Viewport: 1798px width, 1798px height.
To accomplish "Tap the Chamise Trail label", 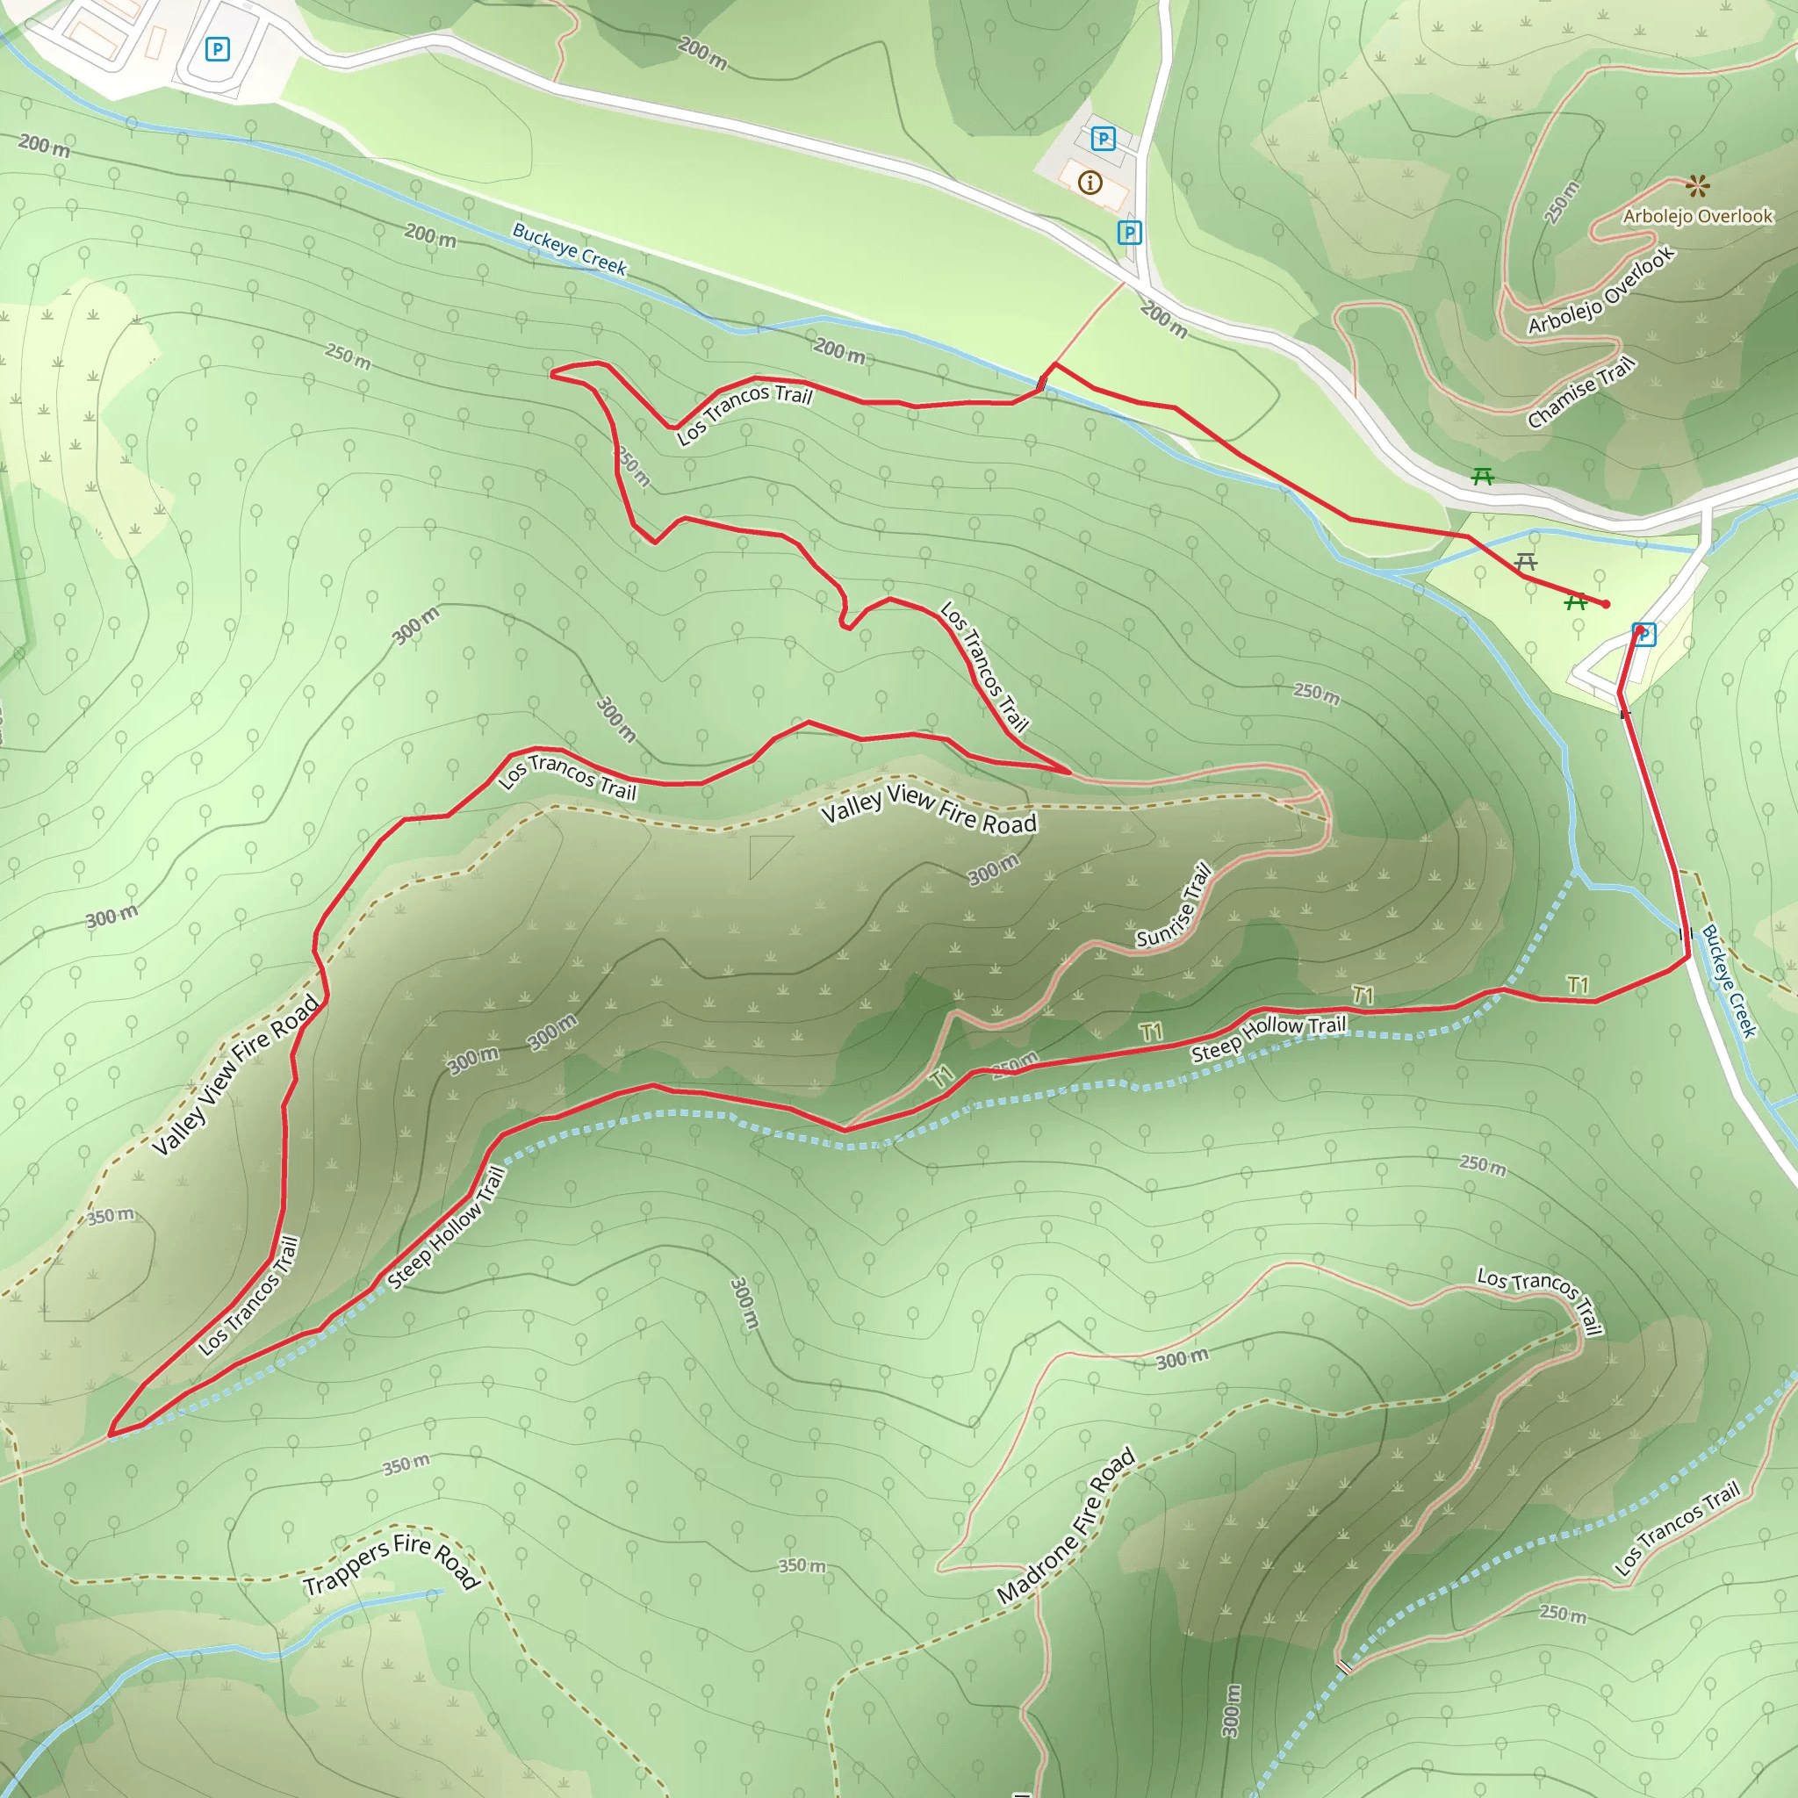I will [x=1580, y=392].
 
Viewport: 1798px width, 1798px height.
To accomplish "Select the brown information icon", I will [x=1090, y=183].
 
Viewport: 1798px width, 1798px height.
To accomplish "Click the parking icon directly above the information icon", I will [x=1103, y=140].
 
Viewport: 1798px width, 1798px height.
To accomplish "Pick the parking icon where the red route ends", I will [x=1643, y=635].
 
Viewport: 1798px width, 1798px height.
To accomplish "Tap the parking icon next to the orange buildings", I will [x=217, y=49].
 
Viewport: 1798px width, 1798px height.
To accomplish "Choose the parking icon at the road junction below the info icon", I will [x=1129, y=233].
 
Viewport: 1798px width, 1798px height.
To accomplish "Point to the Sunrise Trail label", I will [x=1175, y=905].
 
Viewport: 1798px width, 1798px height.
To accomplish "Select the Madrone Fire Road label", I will [x=1066, y=1526].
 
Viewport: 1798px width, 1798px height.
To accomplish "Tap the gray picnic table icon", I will [x=1525, y=562].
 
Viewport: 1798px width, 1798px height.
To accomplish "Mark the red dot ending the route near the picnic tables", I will [x=1606, y=604].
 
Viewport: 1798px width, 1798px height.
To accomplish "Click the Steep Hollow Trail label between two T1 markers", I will [x=1269, y=1038].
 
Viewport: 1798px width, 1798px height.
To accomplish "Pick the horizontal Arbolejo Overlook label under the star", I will [x=1698, y=217].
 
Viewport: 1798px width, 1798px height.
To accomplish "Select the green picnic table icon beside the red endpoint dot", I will [x=1575, y=602].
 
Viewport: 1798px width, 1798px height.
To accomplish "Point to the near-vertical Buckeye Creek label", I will [x=1730, y=981].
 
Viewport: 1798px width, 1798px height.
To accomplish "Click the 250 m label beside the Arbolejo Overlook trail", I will [x=1562, y=202].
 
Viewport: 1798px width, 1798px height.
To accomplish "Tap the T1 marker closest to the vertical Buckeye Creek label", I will [x=1578, y=985].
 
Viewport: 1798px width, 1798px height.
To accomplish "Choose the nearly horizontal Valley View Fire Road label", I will [x=928, y=809].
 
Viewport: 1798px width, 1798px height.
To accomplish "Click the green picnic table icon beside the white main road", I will [x=1483, y=477].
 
